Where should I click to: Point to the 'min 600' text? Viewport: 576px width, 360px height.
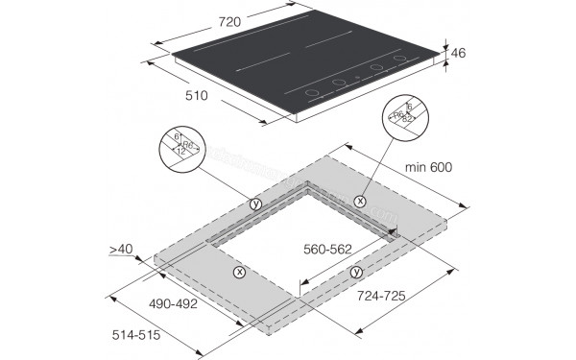[429, 167]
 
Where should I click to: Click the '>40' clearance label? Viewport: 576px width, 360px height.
[122, 250]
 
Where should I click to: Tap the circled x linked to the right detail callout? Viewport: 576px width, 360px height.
[359, 201]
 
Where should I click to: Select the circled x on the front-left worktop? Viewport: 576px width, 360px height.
[238, 272]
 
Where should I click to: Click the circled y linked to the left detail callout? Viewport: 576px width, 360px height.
[254, 204]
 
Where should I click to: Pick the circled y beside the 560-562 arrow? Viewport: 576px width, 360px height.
[355, 273]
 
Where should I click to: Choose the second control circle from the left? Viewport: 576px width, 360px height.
[338, 84]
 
